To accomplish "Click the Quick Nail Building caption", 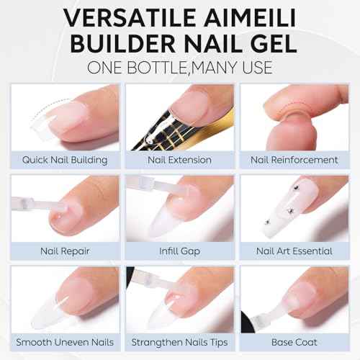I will [x=65, y=160].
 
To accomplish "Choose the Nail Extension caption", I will [x=179, y=160].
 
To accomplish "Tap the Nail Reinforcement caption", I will [x=293, y=160].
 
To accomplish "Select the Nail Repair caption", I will [x=65, y=251].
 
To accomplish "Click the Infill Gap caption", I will [x=179, y=251].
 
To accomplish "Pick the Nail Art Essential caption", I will [x=293, y=251].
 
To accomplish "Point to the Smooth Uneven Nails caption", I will [x=65, y=342].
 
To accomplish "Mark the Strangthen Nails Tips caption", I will [x=179, y=342].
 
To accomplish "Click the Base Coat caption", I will [x=293, y=342].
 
